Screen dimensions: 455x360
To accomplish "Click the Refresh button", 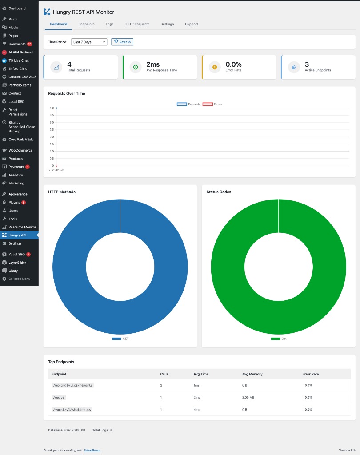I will click(122, 42).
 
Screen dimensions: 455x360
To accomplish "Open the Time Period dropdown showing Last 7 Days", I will click(89, 42).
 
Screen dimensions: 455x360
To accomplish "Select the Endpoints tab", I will click(86, 24).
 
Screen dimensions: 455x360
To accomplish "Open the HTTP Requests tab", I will click(137, 24).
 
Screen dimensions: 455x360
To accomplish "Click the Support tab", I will click(192, 24).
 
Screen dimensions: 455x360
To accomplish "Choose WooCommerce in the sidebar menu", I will click(20, 150).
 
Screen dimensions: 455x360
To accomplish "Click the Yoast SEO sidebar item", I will click(17, 254).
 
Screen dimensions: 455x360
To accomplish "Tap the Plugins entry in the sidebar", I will click(14, 202).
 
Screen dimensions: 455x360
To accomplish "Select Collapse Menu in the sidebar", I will click(19, 279).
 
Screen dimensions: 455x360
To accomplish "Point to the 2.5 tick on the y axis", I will click(52, 130).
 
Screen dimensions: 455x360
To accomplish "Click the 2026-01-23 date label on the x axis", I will click(56, 170).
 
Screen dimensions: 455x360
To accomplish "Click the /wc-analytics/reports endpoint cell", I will click(72, 385).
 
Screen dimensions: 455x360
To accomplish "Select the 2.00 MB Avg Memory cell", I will click(248, 397).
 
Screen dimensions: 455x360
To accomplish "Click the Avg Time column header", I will click(201, 374).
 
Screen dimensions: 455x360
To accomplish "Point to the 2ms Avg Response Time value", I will click(153, 64).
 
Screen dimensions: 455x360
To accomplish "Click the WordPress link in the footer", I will click(92, 450).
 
